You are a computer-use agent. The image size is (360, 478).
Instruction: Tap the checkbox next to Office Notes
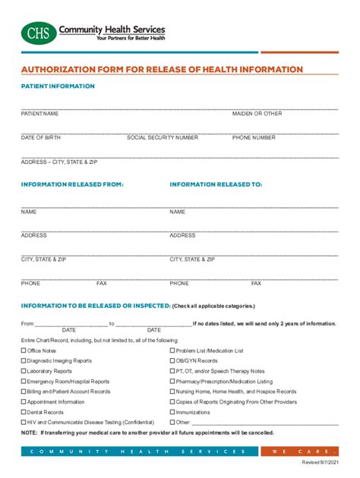[x=24, y=351]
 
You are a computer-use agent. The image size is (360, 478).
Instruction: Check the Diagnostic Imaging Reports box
[x=24, y=361]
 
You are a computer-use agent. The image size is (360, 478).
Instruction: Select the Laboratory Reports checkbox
[x=24, y=372]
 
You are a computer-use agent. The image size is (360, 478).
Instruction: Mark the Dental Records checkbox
[x=24, y=412]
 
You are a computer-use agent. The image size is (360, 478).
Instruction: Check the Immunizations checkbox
[x=172, y=412]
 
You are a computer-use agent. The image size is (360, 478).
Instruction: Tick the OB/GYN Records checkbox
[x=172, y=361]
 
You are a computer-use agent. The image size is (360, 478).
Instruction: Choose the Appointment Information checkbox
[x=24, y=402]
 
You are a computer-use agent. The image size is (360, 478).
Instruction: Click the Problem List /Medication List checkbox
[x=172, y=351]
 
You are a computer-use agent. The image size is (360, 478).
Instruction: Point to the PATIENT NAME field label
[x=39, y=114]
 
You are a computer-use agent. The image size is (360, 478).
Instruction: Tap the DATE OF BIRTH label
[x=41, y=138]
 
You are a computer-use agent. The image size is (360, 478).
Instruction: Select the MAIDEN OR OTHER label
[x=257, y=114]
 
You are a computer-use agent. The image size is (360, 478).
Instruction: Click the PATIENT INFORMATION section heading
[x=58, y=86]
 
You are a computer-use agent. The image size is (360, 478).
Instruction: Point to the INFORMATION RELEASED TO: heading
[x=216, y=184]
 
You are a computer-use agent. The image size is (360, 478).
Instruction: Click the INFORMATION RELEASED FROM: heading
[x=72, y=184]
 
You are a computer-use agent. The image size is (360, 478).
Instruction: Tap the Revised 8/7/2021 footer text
[x=321, y=462]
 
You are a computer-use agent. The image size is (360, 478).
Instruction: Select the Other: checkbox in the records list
[x=172, y=422]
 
